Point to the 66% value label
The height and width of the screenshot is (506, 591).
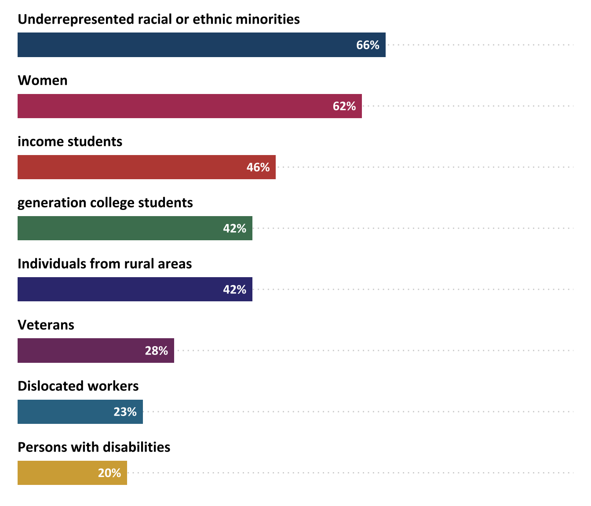[368, 45]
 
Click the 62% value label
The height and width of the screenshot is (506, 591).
[344, 106]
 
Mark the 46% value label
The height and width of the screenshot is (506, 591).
[258, 167]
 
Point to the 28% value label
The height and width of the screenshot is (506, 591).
[157, 351]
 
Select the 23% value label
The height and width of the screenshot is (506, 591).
[125, 412]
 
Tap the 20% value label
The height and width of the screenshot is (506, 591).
[109, 473]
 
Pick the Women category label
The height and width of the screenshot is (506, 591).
[43, 80]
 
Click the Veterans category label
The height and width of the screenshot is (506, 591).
[46, 325]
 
